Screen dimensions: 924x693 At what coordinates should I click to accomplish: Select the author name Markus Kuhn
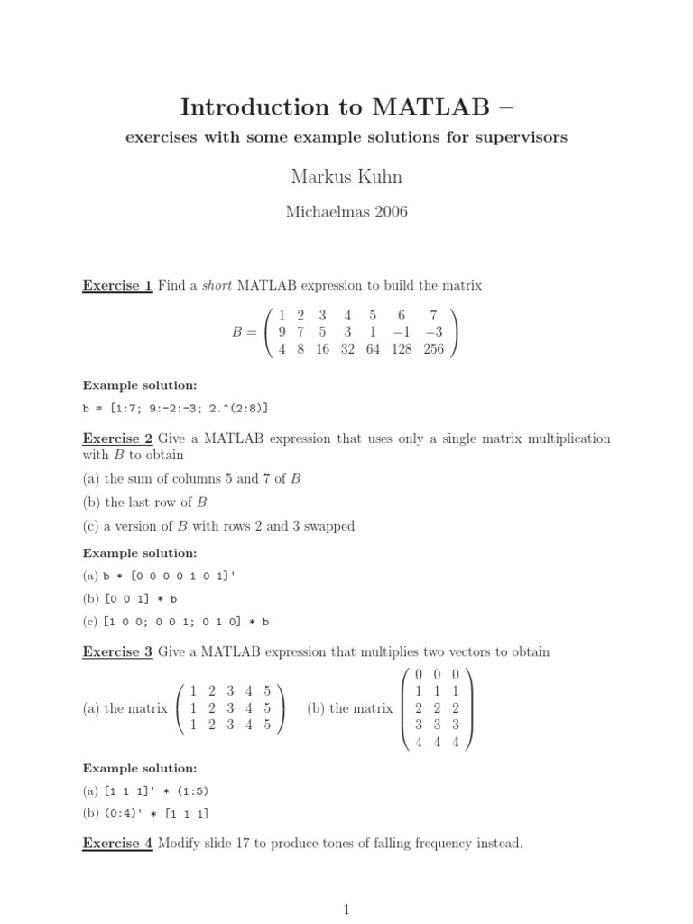(x=346, y=176)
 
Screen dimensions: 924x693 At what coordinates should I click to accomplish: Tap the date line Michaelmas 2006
(x=346, y=213)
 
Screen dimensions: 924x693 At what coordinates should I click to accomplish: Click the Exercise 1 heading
(x=117, y=286)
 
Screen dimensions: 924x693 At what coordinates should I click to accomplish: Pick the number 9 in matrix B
(x=282, y=332)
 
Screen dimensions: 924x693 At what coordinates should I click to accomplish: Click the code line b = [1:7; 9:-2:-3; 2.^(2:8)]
(x=175, y=408)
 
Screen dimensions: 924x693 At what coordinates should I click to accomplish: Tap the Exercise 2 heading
(x=117, y=439)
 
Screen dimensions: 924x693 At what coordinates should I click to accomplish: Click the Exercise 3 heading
(x=117, y=651)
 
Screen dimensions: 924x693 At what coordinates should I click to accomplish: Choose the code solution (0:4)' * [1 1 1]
(x=145, y=814)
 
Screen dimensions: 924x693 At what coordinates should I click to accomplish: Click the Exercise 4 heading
(x=117, y=845)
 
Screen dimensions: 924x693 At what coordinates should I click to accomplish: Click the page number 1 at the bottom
(x=346, y=911)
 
